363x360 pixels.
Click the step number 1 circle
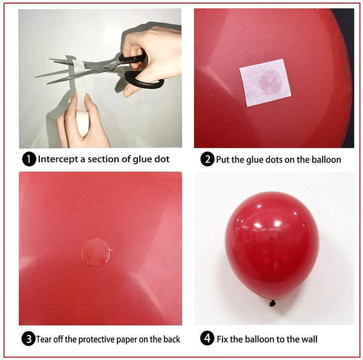[x=28, y=160]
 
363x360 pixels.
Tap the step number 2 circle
[x=207, y=160]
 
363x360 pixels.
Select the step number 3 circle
[x=28, y=339]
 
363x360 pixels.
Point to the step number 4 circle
[x=207, y=339]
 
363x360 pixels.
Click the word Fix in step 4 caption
[x=223, y=339]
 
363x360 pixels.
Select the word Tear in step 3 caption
[x=46, y=339]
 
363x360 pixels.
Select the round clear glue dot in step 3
[x=96, y=253]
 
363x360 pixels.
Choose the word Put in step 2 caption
[x=224, y=160]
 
